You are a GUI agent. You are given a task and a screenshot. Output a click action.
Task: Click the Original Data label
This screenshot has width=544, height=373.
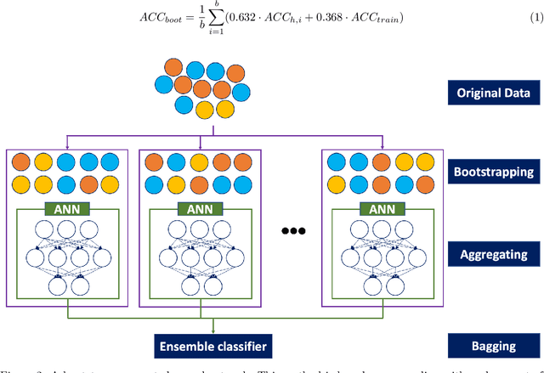pos(495,93)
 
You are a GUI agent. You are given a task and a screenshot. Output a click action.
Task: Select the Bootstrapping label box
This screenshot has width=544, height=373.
pos(495,172)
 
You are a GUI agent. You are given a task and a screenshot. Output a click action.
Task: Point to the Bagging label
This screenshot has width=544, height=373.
pos(495,346)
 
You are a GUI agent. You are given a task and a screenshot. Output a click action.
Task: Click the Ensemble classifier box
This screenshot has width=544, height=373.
pos(212,346)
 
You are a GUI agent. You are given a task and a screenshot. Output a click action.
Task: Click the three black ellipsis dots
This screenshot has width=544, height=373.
pos(291,231)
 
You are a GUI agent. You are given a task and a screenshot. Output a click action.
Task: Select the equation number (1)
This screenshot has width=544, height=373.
pos(535,19)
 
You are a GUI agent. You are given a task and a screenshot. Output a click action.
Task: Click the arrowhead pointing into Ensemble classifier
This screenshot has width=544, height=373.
pos(212,332)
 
